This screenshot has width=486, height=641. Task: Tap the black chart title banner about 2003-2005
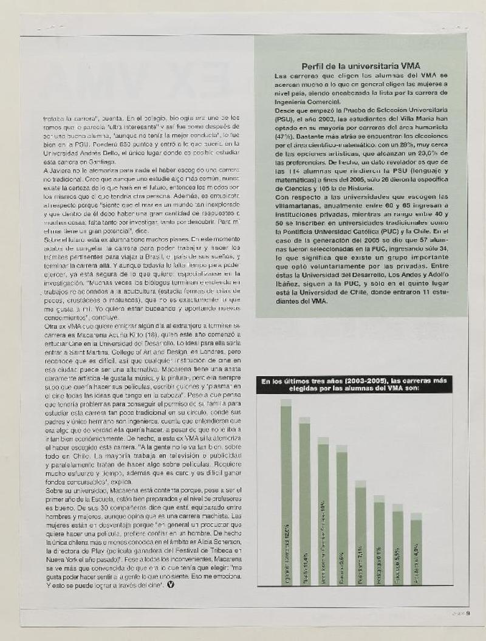(x=353, y=384)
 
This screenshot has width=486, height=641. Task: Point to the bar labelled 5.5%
(x=397, y=544)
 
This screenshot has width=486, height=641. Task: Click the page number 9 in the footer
(x=477, y=613)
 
